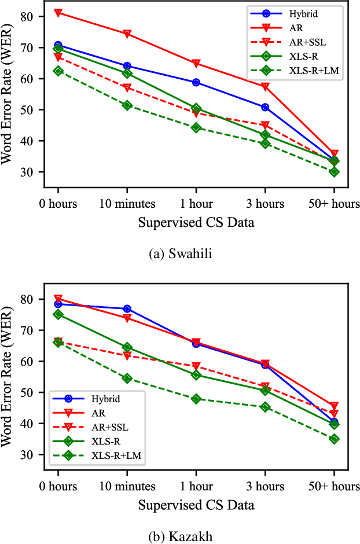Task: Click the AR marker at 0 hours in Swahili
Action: pos(58,12)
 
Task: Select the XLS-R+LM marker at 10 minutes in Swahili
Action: pos(127,105)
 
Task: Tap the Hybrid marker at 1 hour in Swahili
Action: pos(196,83)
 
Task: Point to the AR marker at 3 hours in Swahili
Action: pos(265,86)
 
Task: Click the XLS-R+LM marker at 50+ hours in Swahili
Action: pos(334,172)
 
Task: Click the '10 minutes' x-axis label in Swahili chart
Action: pos(127,204)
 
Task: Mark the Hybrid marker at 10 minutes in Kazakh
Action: pos(127,309)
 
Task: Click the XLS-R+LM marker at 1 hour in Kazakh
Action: pos(196,399)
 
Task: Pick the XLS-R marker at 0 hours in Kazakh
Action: pos(58,314)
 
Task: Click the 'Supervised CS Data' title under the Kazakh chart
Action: pos(196,505)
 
